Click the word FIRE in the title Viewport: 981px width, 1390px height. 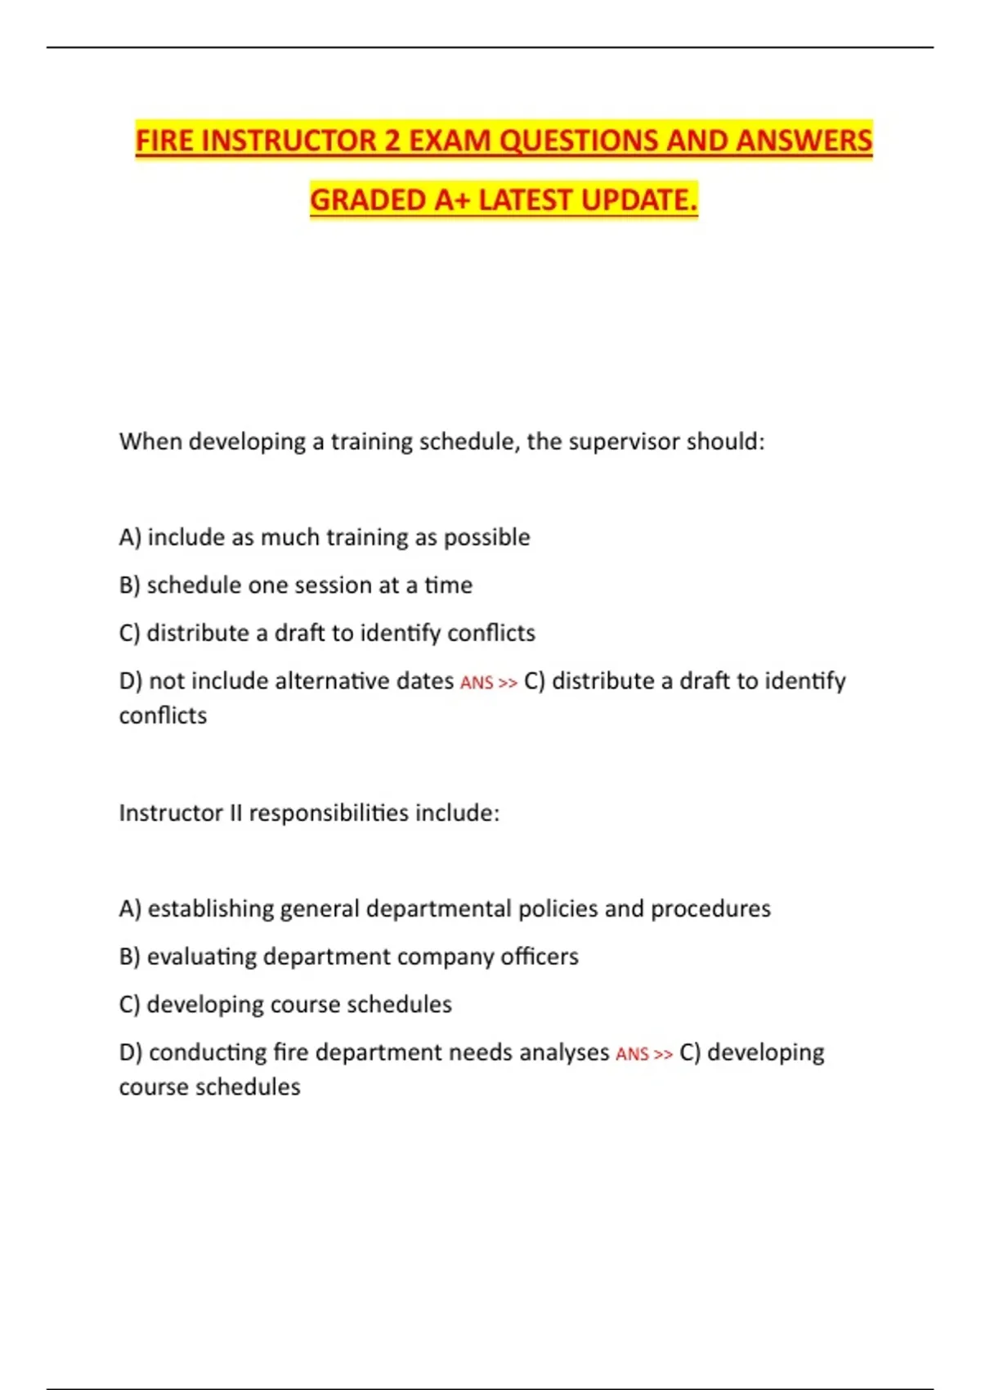pos(164,141)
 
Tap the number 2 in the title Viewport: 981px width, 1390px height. pos(392,141)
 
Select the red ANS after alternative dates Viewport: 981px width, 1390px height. pos(477,683)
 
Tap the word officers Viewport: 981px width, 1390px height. pos(539,957)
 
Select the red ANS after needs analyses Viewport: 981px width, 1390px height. pos(632,1054)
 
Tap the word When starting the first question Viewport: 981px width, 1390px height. pos(150,442)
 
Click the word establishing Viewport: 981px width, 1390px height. pos(210,908)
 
